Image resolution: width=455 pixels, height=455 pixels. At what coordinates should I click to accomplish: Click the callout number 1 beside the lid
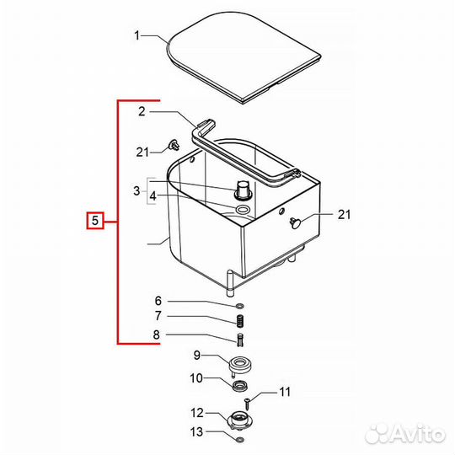click(137, 35)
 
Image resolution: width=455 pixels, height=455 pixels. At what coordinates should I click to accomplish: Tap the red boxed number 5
click(95, 221)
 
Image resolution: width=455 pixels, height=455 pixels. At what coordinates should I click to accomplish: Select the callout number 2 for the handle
click(142, 111)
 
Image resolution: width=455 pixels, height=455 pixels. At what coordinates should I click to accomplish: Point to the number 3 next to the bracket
click(136, 191)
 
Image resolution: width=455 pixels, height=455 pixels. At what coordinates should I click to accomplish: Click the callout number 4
click(153, 196)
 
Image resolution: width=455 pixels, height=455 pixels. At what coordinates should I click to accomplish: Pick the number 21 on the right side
click(344, 215)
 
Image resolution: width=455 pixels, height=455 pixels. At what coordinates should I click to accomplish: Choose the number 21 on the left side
click(142, 152)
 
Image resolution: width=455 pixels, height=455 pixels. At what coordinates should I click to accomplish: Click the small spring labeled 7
click(240, 321)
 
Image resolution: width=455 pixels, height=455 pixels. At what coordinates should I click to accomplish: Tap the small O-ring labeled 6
click(240, 306)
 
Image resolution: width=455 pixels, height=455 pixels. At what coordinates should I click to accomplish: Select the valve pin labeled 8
click(240, 340)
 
